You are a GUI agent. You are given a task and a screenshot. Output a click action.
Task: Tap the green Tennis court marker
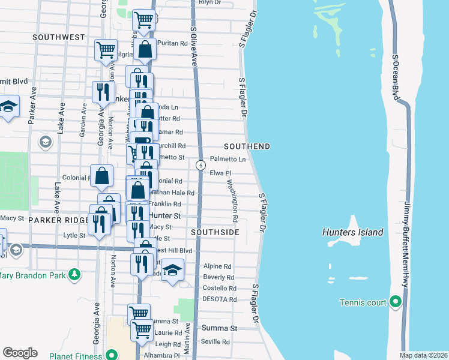point(395,301)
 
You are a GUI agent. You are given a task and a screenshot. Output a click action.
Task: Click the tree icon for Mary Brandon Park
point(74,275)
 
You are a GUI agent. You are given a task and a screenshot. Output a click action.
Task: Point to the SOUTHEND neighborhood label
point(247,146)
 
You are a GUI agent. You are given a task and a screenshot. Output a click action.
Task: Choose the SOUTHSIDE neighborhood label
point(215,232)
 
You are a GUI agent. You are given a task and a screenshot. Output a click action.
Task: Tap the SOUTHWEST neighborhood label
point(59,37)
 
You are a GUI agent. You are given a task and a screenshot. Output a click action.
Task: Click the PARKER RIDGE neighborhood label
point(58,220)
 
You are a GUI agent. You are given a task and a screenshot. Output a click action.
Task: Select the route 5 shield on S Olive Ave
point(200,164)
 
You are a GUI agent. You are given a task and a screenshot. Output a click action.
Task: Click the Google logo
point(20,353)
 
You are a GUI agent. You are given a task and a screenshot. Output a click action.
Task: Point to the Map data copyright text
point(424,356)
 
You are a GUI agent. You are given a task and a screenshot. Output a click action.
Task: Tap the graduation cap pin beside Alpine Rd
point(172,271)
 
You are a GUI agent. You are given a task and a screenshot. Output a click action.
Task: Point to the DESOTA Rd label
point(220,299)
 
